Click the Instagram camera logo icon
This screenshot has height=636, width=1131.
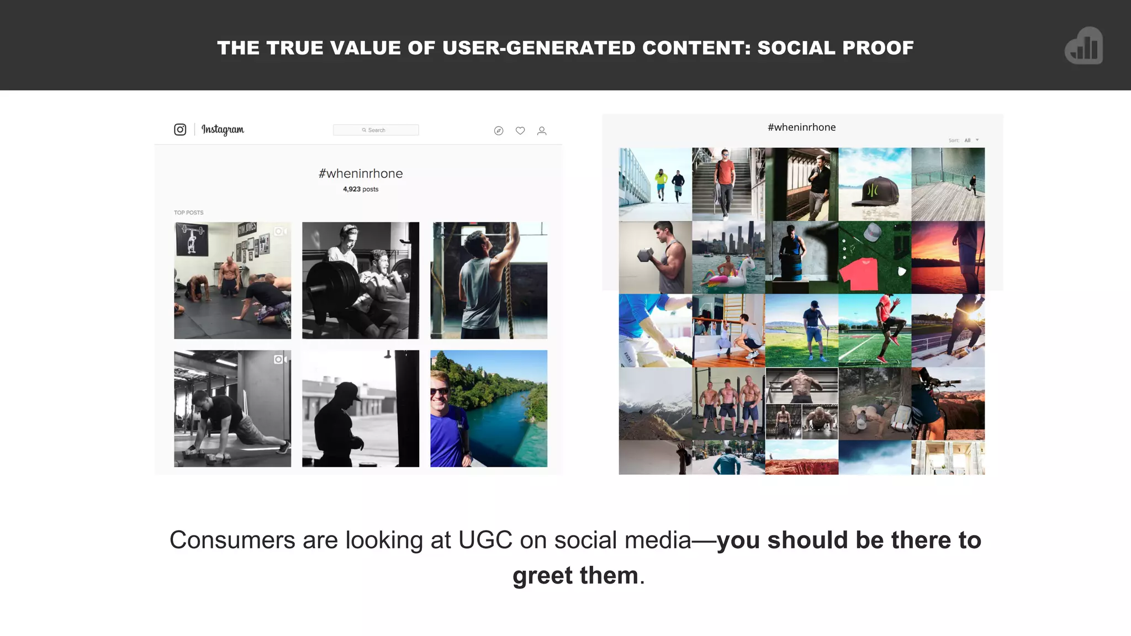180,130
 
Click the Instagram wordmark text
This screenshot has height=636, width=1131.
223,130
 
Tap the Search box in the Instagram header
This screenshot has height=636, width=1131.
376,130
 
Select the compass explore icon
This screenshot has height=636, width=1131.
499,131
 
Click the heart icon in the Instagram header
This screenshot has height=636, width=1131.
520,131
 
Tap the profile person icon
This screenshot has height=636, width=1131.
542,131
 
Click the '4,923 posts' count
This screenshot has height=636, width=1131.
361,189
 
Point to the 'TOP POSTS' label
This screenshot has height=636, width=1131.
189,213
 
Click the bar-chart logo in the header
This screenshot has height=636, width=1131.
1084,46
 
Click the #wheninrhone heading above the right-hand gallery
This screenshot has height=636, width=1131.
801,128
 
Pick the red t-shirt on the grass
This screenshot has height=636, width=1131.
861,273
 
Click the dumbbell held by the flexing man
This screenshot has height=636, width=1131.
646,255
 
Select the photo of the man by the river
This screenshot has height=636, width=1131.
489,409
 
